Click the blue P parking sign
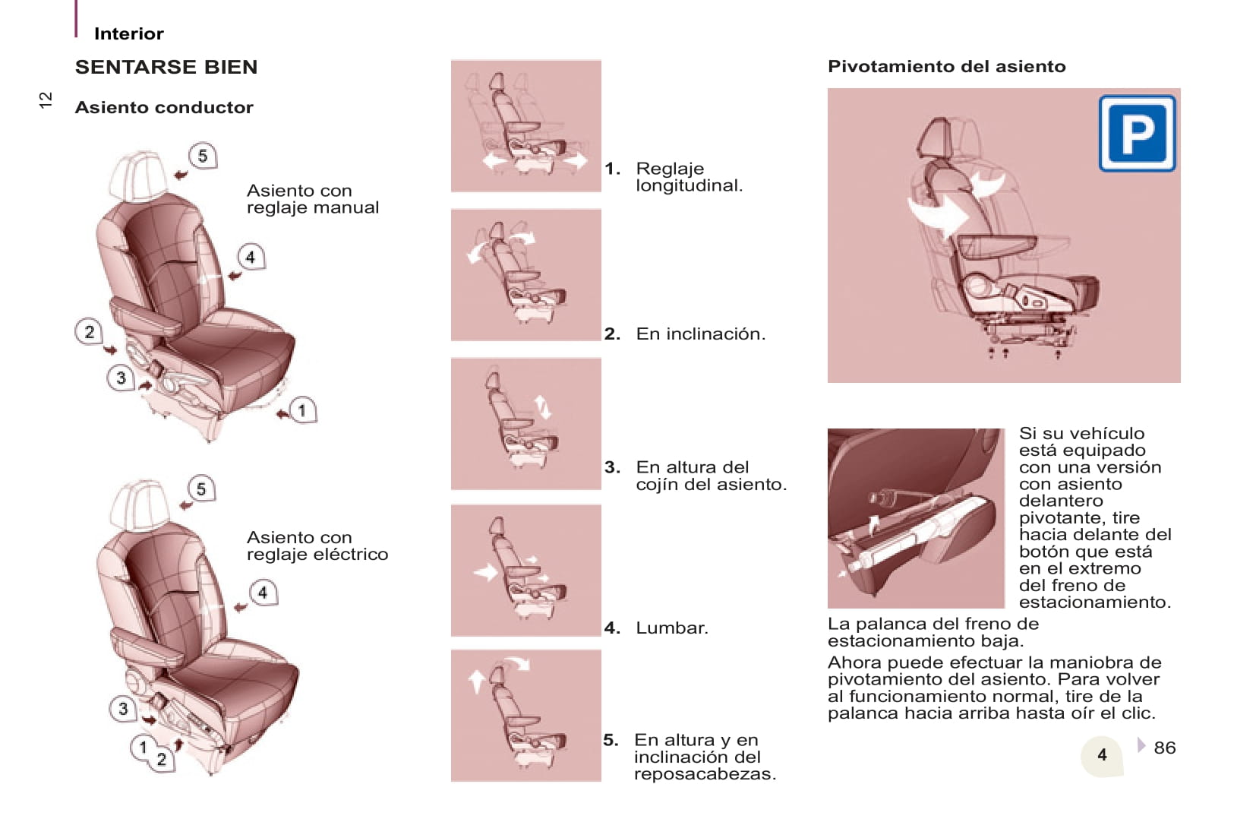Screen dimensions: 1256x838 pyautogui.click(x=1137, y=134)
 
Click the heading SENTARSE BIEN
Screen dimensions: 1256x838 pyautogui.click(x=166, y=68)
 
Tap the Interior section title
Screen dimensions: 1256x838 pyautogui.click(x=129, y=33)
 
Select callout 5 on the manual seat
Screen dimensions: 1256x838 pyautogui.click(x=203, y=156)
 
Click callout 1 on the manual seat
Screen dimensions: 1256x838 pyautogui.click(x=302, y=410)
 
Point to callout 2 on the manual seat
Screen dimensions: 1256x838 pyautogui.click(x=89, y=332)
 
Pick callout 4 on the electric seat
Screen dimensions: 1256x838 pyautogui.click(x=263, y=593)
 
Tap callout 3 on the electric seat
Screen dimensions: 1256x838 pyautogui.click(x=123, y=708)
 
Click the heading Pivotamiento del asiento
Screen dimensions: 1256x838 pyautogui.click(x=946, y=67)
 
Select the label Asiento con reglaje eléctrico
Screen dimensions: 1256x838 pyautogui.click(x=317, y=545)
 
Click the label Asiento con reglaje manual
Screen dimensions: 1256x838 pyautogui.click(x=313, y=199)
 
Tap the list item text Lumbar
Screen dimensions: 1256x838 pyautogui.click(x=672, y=628)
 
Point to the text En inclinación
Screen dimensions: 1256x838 pyautogui.click(x=700, y=334)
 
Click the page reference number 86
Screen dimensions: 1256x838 pyautogui.click(x=1165, y=748)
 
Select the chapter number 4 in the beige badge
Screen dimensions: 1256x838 pyautogui.click(x=1102, y=755)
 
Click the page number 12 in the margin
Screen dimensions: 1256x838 pyautogui.click(x=46, y=100)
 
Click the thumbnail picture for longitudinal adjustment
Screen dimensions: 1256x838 pyautogui.click(x=526, y=126)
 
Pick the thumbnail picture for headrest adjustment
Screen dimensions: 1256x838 pyautogui.click(x=526, y=716)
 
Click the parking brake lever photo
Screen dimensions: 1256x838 pyautogui.click(x=917, y=518)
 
